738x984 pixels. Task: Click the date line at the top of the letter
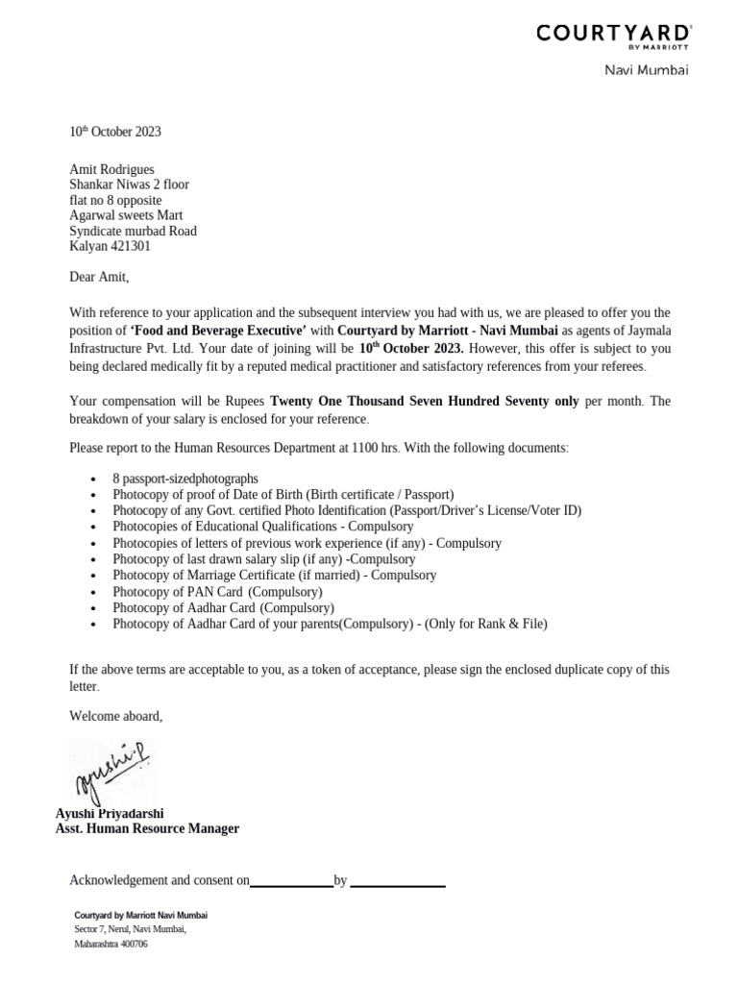[x=115, y=132]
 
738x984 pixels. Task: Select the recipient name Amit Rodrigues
[x=111, y=169]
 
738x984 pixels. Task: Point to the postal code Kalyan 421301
[x=110, y=246]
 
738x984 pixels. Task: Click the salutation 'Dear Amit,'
[x=98, y=278]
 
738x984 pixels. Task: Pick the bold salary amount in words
[x=424, y=401]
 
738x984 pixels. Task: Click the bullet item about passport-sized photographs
[x=184, y=479]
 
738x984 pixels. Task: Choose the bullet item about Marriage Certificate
[x=274, y=576]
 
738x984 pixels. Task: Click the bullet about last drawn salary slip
[x=263, y=559]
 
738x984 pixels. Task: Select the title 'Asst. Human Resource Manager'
[x=147, y=828]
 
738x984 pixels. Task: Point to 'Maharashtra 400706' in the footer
[x=111, y=945]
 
